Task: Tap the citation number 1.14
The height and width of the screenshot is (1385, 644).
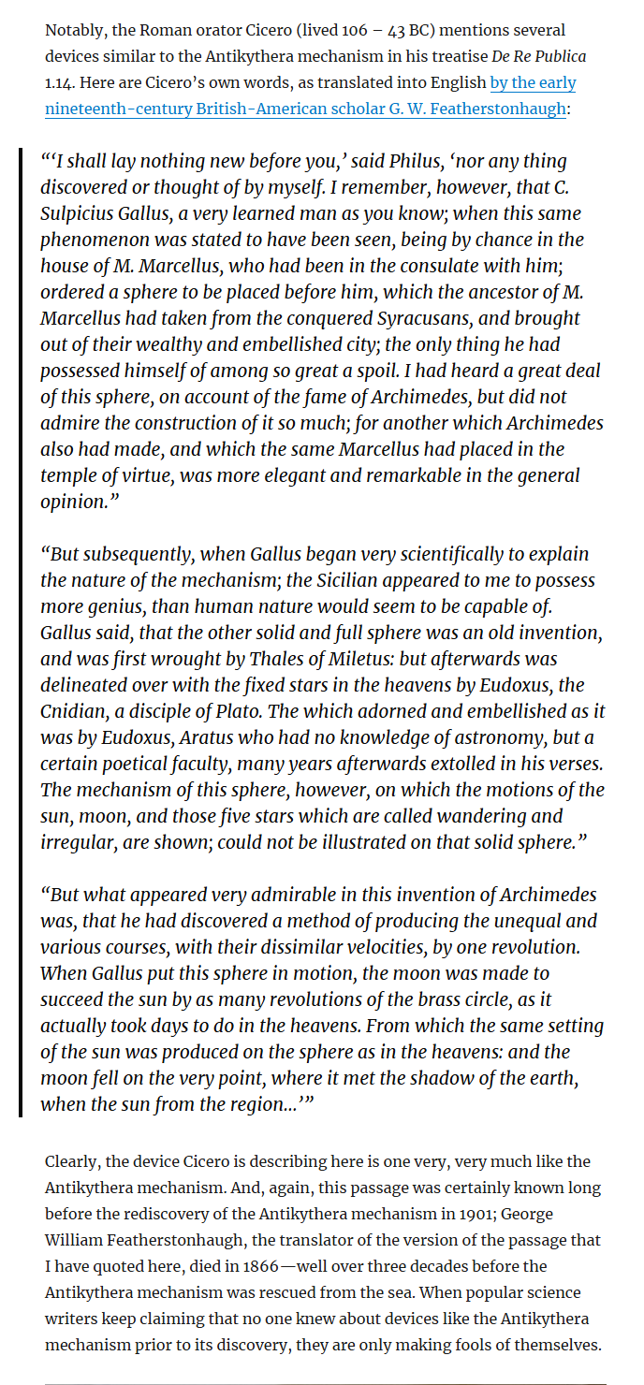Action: click(61, 83)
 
